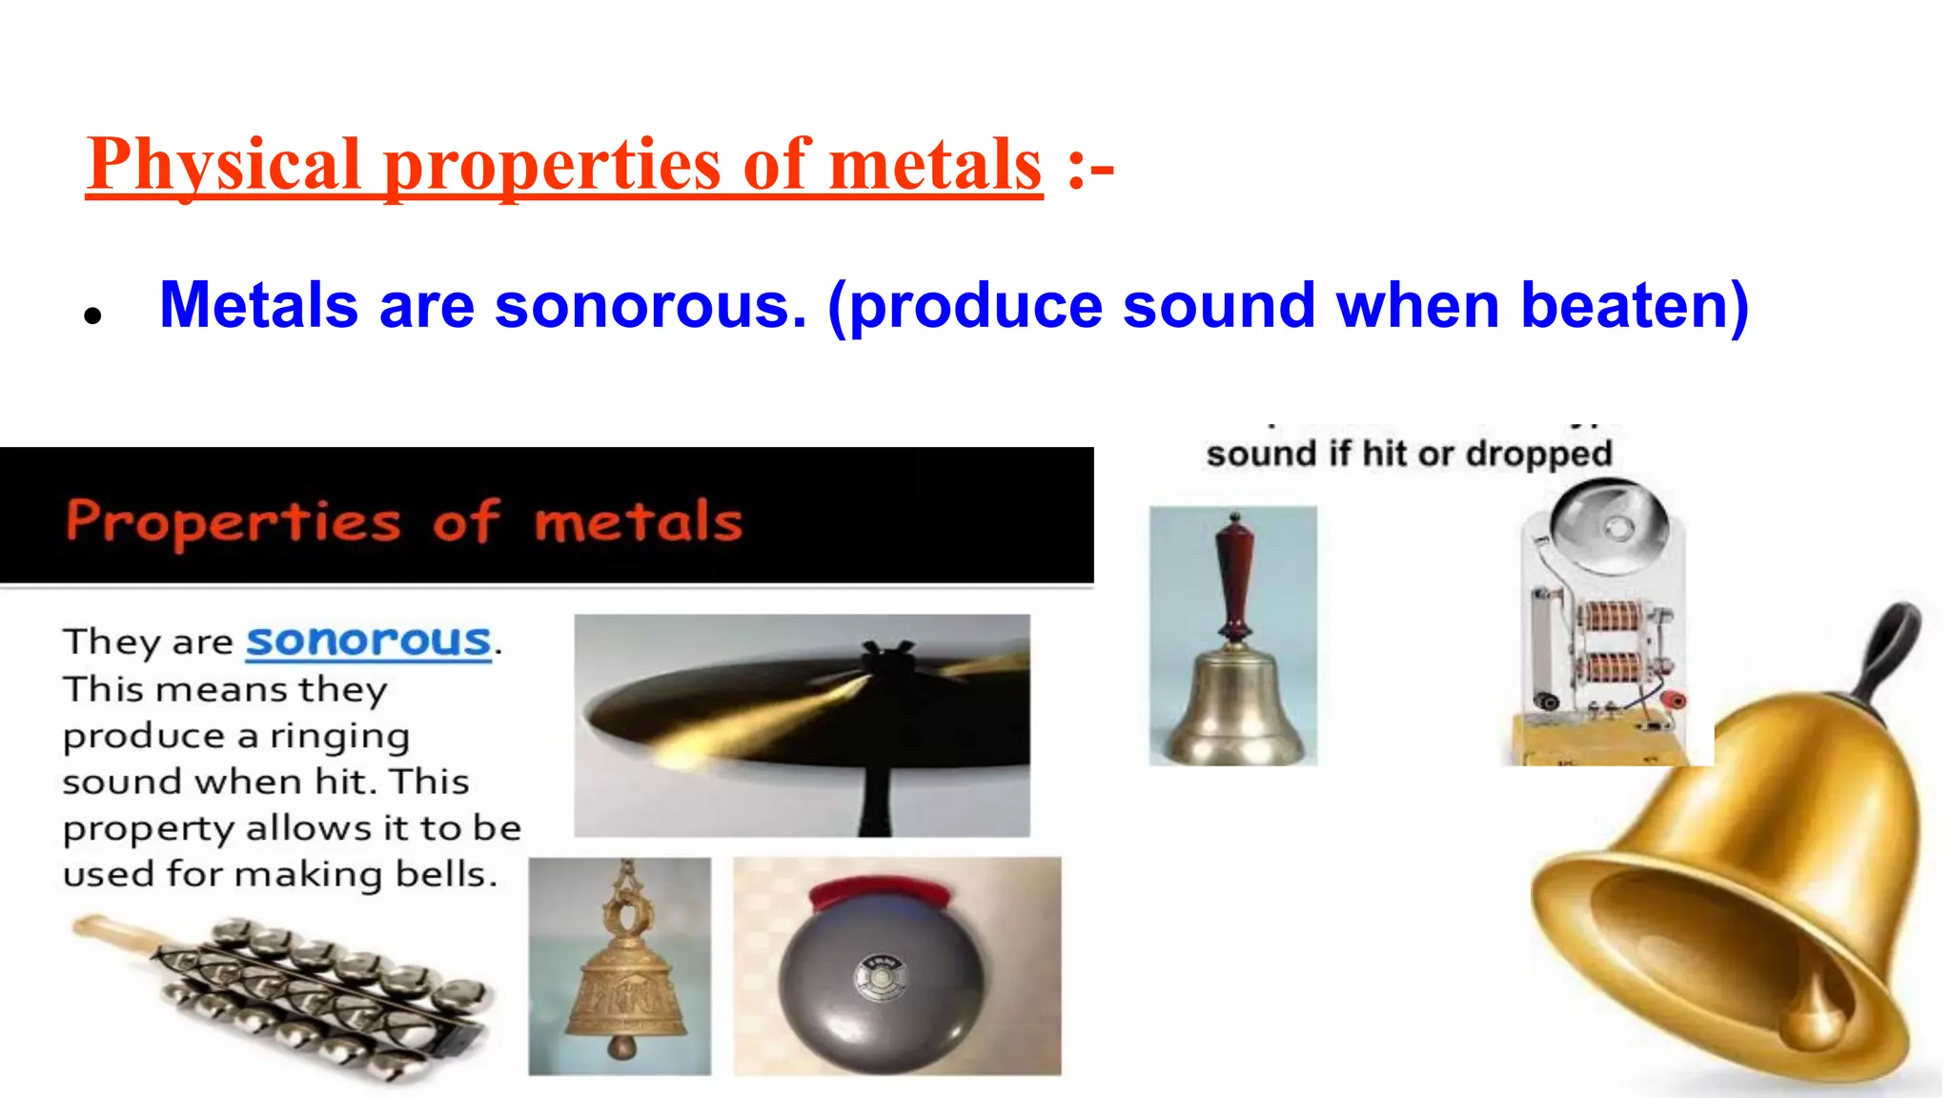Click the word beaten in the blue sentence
click(x=1634, y=306)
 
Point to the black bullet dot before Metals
click(x=92, y=315)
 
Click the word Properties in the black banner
click(x=234, y=521)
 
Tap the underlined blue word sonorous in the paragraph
click(x=369, y=640)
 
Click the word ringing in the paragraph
click(x=339, y=736)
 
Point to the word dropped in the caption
click(x=1538, y=454)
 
